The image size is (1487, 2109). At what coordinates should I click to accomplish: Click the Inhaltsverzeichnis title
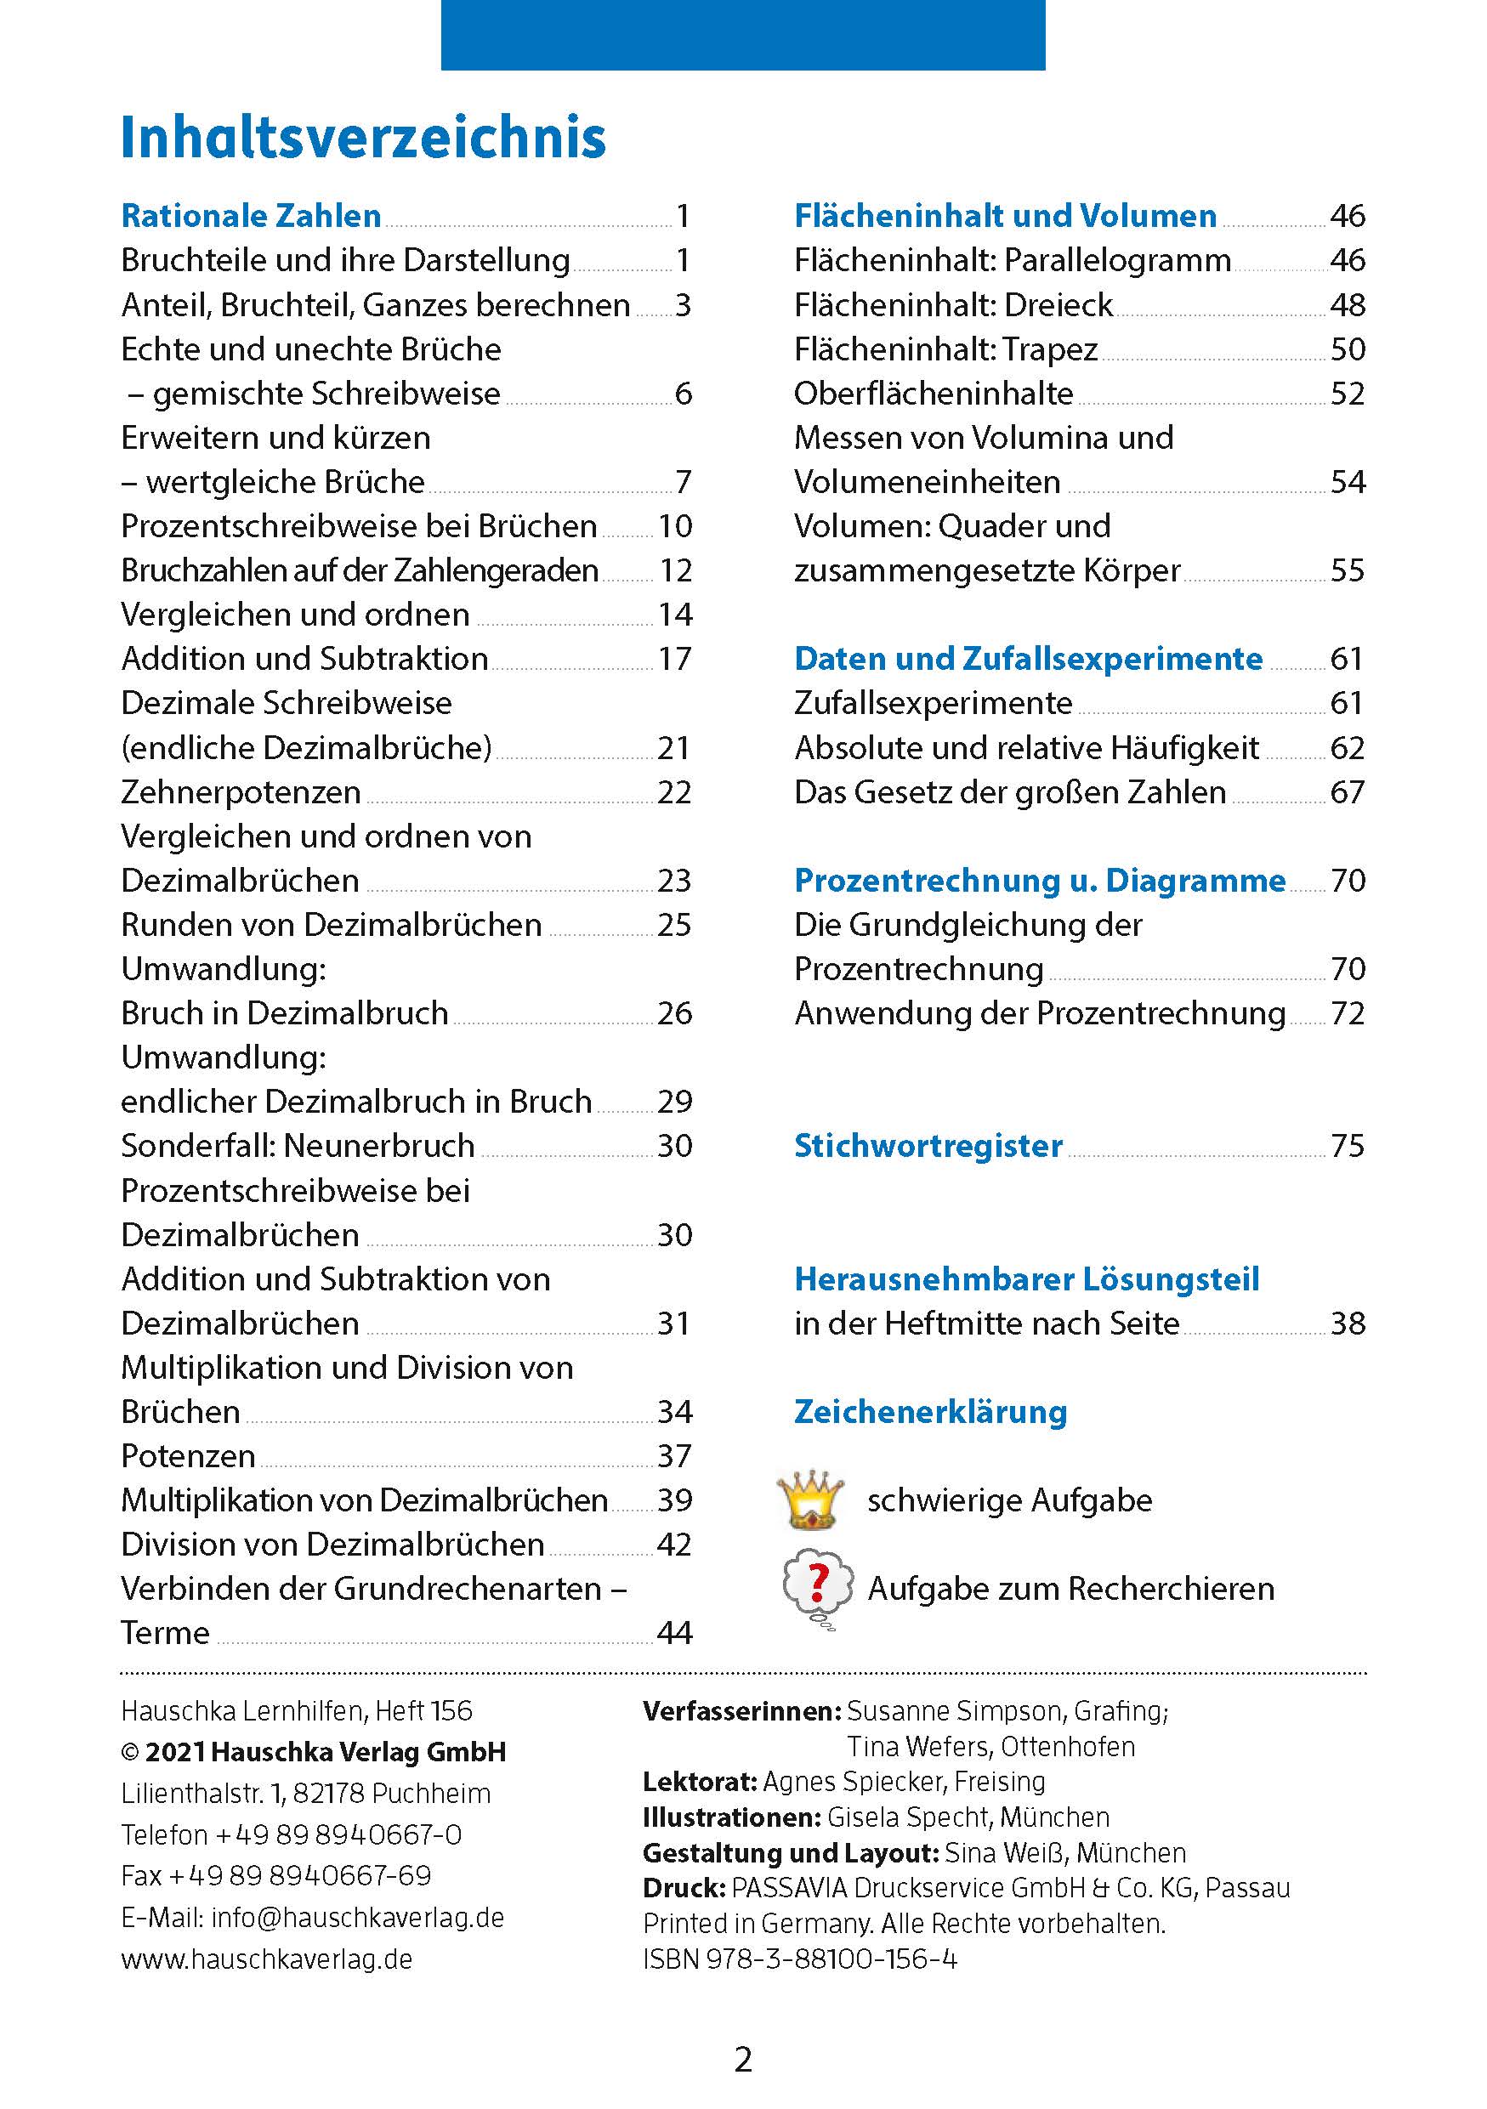pos(363,138)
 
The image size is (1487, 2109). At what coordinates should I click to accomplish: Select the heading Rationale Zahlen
pos(251,216)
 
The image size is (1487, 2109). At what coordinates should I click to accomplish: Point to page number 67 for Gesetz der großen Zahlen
pos(1347,791)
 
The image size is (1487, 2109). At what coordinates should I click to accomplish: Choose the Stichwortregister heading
pos(928,1145)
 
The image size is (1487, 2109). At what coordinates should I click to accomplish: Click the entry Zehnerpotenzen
pos(241,791)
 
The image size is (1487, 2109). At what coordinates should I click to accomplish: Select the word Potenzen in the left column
pos(188,1456)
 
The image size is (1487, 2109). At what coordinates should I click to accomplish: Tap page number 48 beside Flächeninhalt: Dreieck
pos(1347,305)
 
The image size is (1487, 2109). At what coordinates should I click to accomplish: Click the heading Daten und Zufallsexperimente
pos(1028,659)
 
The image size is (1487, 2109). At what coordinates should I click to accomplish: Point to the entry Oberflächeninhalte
pos(934,393)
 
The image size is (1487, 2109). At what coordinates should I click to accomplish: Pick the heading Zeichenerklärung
pos(930,1412)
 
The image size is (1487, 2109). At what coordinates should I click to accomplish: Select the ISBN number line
pos(799,1959)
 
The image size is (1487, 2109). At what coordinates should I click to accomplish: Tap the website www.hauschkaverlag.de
pos(266,1959)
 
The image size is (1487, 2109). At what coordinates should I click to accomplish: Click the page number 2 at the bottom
pos(743,2061)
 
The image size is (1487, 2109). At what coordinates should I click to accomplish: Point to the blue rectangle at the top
pos(742,35)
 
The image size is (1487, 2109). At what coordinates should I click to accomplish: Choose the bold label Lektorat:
pos(700,1782)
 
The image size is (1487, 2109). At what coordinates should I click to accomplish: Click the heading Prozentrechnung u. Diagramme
pos(1040,880)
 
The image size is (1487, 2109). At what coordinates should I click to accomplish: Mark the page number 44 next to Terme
pos(674,1633)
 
